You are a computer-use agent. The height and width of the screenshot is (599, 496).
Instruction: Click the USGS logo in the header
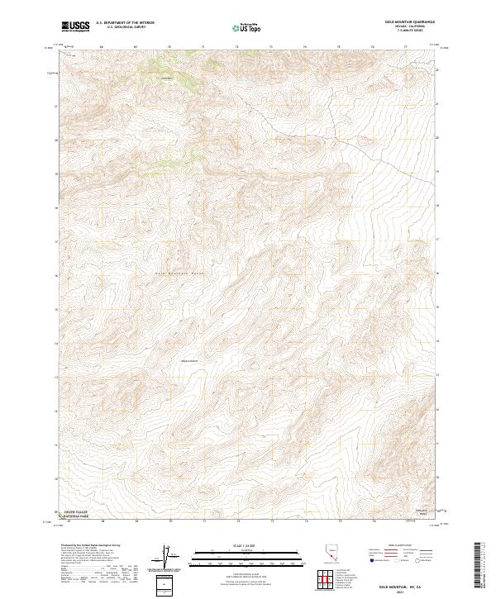[x=75, y=26]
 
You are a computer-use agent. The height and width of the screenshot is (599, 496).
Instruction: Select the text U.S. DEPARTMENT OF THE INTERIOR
[x=125, y=23]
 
